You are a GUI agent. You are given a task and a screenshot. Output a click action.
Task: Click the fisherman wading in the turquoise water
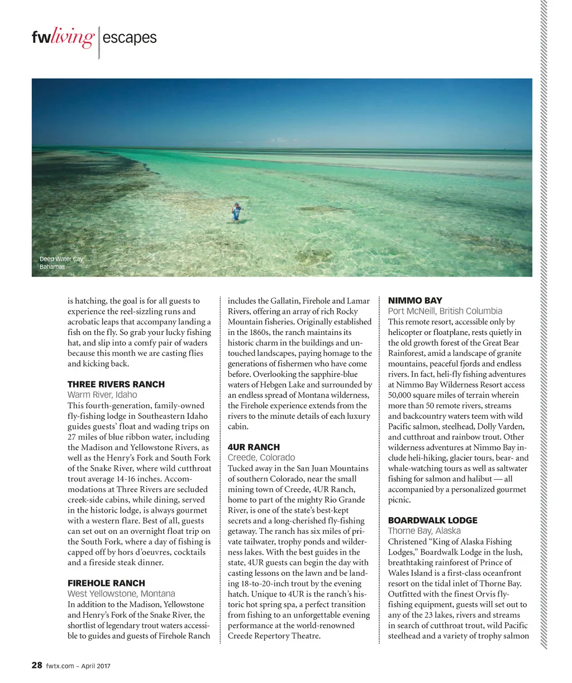(x=236, y=212)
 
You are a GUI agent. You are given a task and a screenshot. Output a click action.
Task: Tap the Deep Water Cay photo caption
(x=60, y=262)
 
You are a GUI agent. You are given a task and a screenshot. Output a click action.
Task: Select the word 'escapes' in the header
(x=130, y=38)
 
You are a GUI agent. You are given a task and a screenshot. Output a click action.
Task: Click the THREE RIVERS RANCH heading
(x=116, y=384)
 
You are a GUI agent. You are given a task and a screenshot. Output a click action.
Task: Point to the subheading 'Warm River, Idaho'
(x=102, y=395)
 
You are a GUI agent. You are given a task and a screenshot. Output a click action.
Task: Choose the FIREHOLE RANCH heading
(x=106, y=583)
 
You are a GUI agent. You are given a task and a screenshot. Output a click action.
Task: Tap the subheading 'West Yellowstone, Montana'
(x=121, y=594)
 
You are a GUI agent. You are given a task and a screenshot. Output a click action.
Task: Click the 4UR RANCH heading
(x=254, y=447)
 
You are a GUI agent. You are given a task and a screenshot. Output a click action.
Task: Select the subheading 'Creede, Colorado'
(x=261, y=458)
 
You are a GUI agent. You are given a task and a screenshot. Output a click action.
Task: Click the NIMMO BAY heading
(x=415, y=300)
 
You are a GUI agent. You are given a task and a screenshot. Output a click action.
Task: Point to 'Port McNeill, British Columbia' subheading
(x=445, y=311)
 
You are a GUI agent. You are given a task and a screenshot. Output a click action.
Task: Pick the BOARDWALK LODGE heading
(x=433, y=520)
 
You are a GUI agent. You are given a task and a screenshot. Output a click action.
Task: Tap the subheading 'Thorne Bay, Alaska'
(x=425, y=531)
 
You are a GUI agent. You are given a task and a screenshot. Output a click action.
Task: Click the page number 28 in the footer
(x=37, y=665)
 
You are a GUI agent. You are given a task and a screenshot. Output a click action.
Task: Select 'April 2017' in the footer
(x=96, y=666)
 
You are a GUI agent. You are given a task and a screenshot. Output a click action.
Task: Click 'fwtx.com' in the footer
(x=60, y=666)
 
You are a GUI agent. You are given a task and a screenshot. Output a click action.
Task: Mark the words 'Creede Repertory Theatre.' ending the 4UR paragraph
(x=274, y=636)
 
